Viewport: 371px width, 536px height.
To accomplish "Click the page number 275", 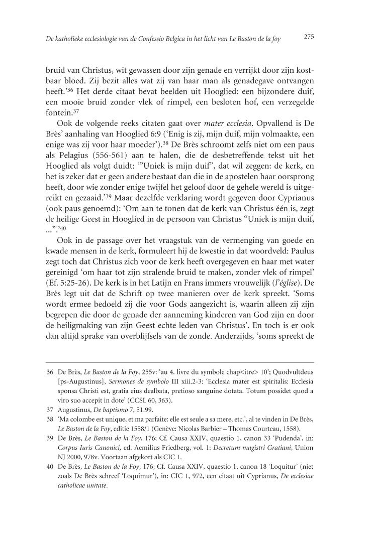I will tap(309, 36).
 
